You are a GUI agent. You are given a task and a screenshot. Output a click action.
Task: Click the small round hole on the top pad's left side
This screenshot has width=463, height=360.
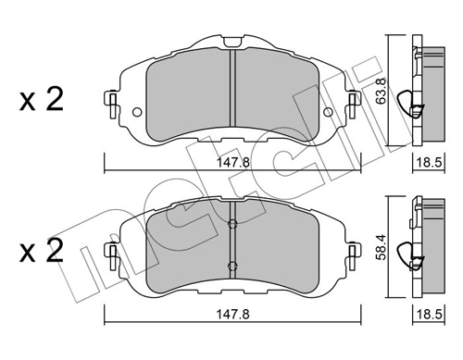137,114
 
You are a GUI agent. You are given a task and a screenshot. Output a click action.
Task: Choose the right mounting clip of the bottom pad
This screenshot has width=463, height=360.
352,254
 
